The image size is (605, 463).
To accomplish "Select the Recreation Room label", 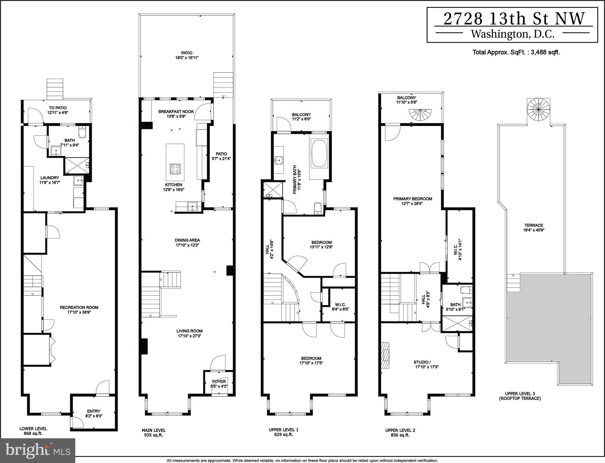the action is pos(79,310).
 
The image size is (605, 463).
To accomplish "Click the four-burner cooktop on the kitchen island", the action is pos(175,169).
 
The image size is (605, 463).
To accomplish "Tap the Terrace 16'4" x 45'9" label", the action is pos(534,228).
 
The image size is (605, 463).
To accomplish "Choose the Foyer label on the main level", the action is pos(219,384).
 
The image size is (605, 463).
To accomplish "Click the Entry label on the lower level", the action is pos(94,414).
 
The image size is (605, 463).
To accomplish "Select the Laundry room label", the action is pos(50,180).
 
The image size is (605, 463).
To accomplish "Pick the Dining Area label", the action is pos(187,243).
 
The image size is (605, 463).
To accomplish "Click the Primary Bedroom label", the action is pos(413,201).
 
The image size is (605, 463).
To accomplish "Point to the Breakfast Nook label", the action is pos(176,114).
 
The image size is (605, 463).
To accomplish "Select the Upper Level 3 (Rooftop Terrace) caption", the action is pos(520,396).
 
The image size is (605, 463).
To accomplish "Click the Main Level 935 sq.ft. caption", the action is pos(154,433).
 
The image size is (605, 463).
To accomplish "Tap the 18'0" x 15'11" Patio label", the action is pos(187,55).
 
